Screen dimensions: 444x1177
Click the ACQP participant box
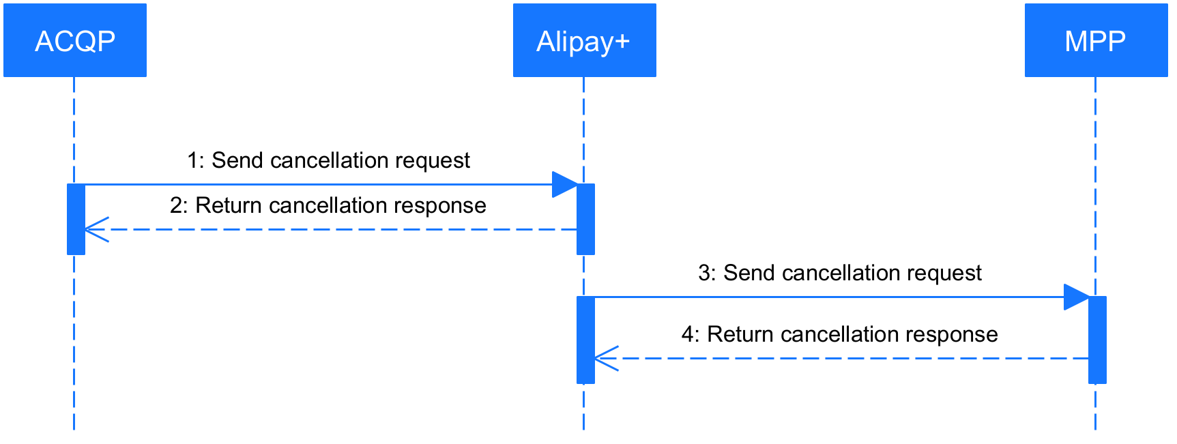75,40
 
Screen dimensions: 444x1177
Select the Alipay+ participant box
584,40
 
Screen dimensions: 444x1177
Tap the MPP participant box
1096,40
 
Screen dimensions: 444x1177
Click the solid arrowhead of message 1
566,184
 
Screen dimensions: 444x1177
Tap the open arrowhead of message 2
96,229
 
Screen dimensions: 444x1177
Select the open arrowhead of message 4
606,358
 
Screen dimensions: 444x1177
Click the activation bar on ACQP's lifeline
76,219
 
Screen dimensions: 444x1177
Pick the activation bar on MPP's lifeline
1097,340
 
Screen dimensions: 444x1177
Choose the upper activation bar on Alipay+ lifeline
585,219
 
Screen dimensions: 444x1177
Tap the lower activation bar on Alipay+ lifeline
585,340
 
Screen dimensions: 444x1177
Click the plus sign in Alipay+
622,42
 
